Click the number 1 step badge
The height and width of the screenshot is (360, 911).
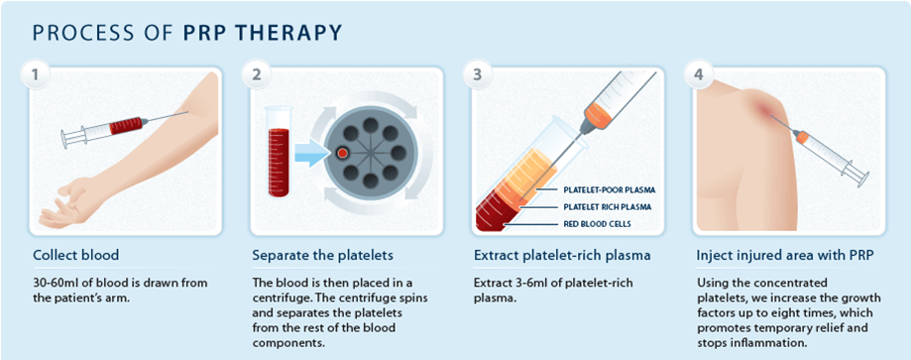(38, 75)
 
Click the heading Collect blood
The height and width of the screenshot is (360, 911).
(76, 255)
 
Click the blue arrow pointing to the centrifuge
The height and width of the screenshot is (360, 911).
(308, 154)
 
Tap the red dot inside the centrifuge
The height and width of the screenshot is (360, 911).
(342, 154)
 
